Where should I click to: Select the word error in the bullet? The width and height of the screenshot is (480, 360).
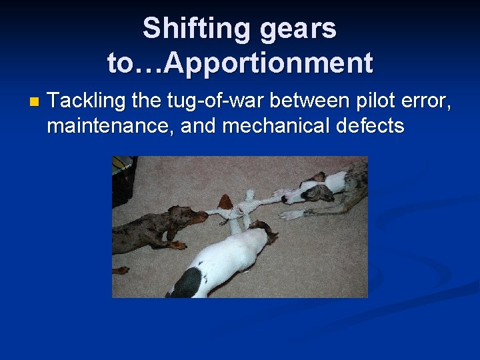coord(427,101)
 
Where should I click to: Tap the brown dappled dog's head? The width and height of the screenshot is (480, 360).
coord(193,217)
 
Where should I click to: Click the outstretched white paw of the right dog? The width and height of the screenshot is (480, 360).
coord(293,213)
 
